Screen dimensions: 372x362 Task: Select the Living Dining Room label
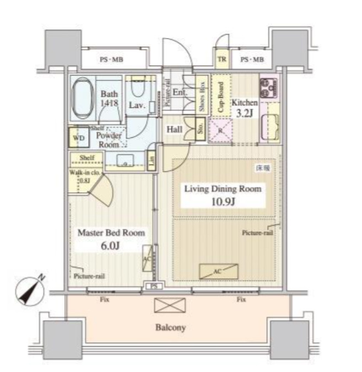coord(222,189)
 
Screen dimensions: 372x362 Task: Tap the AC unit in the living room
coord(219,271)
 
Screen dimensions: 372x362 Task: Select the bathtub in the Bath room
coord(84,99)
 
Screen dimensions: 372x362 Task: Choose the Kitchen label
coord(244,103)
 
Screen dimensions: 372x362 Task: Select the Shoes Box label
coord(202,96)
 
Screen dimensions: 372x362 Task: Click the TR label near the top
coord(221,60)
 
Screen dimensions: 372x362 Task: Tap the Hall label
coord(175,129)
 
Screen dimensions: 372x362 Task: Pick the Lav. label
coord(137,105)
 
